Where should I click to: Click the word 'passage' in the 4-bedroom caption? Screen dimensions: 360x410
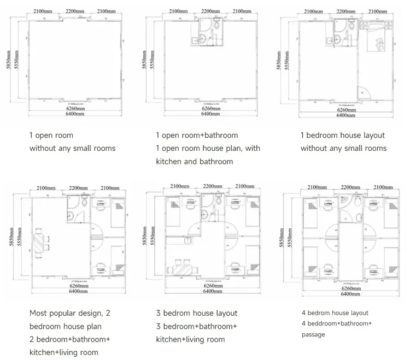(x=317, y=334)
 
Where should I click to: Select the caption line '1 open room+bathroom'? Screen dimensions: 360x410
(x=196, y=135)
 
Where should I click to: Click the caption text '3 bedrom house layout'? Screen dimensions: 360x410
(x=196, y=313)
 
